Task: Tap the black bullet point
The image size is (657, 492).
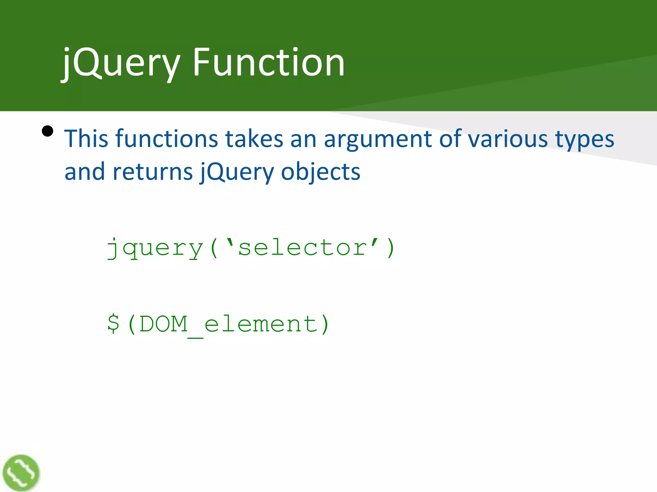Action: pyautogui.click(x=47, y=131)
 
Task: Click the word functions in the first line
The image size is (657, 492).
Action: pyautogui.click(x=166, y=139)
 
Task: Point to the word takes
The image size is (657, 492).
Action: pyautogui.click(x=254, y=139)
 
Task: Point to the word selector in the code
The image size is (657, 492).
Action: pyautogui.click(x=303, y=248)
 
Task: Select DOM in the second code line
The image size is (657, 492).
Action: pyautogui.click(x=164, y=324)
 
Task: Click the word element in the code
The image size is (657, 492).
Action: pyautogui.click(x=261, y=324)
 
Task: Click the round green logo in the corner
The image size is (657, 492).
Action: pyautogui.click(x=21, y=472)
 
